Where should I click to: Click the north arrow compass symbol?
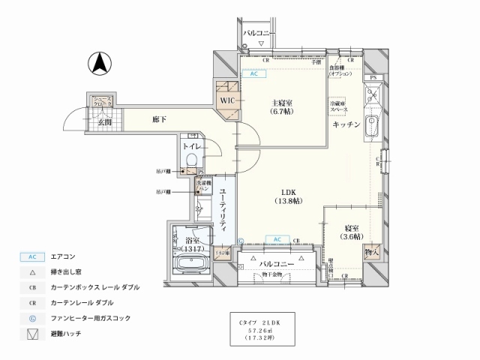98,64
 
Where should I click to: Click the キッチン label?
347,124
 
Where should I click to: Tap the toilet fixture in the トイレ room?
190,160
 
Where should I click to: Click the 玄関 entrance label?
103,122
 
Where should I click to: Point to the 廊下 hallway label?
159,118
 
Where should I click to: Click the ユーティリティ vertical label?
224,213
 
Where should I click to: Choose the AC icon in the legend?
31,256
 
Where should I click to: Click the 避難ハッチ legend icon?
31,332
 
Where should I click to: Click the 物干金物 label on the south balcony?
275,274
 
